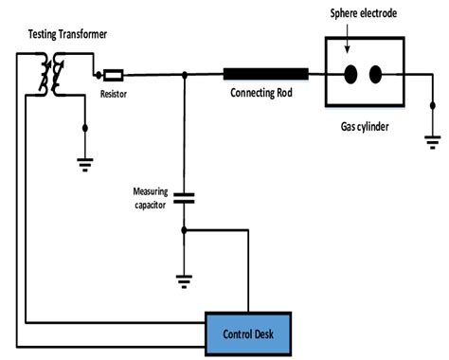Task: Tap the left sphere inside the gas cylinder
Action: pyautogui.click(x=349, y=74)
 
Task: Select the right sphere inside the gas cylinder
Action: pyautogui.click(x=375, y=74)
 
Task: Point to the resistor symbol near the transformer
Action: pyautogui.click(x=112, y=74)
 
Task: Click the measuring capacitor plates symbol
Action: pyautogui.click(x=185, y=198)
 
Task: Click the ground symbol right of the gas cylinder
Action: pyautogui.click(x=433, y=142)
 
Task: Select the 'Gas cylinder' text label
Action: pyautogui.click(x=363, y=124)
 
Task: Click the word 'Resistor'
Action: pyautogui.click(x=114, y=94)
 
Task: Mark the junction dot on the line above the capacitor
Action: pyautogui.click(x=185, y=74)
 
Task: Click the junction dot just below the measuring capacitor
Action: pyautogui.click(x=185, y=229)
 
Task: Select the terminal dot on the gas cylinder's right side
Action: pyautogui.click(x=404, y=74)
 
